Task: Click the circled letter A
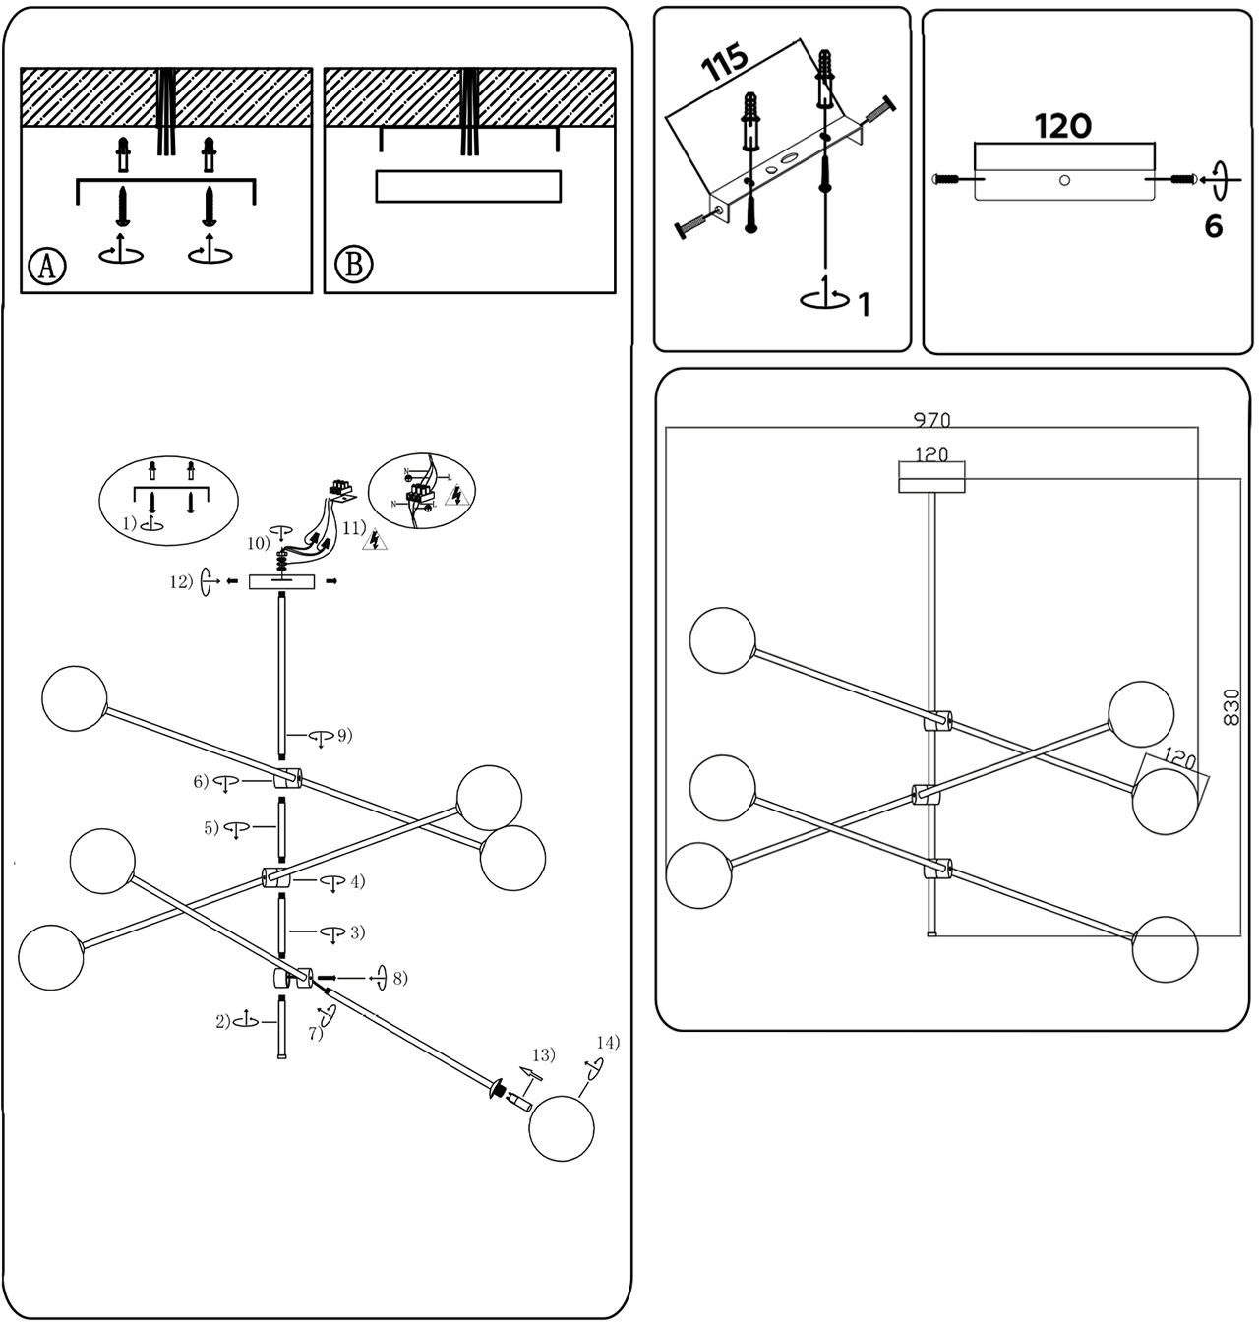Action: coord(47,266)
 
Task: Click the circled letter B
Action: coord(353,266)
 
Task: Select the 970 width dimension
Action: coord(931,420)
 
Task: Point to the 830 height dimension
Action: coord(1231,706)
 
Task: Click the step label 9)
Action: coord(344,734)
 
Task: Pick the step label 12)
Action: coord(181,581)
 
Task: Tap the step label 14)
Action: coord(609,1042)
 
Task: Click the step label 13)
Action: coord(544,1054)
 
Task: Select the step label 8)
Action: coord(399,978)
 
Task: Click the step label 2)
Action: coord(223,1021)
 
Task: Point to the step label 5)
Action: coord(211,828)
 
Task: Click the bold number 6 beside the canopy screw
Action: coord(1214,226)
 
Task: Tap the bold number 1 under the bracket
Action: coord(865,305)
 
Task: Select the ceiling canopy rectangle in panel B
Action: coord(468,186)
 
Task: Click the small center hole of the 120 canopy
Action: coord(1064,180)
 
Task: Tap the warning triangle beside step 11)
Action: coord(376,539)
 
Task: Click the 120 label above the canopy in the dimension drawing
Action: coord(930,454)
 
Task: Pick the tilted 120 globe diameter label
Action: coord(1179,759)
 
